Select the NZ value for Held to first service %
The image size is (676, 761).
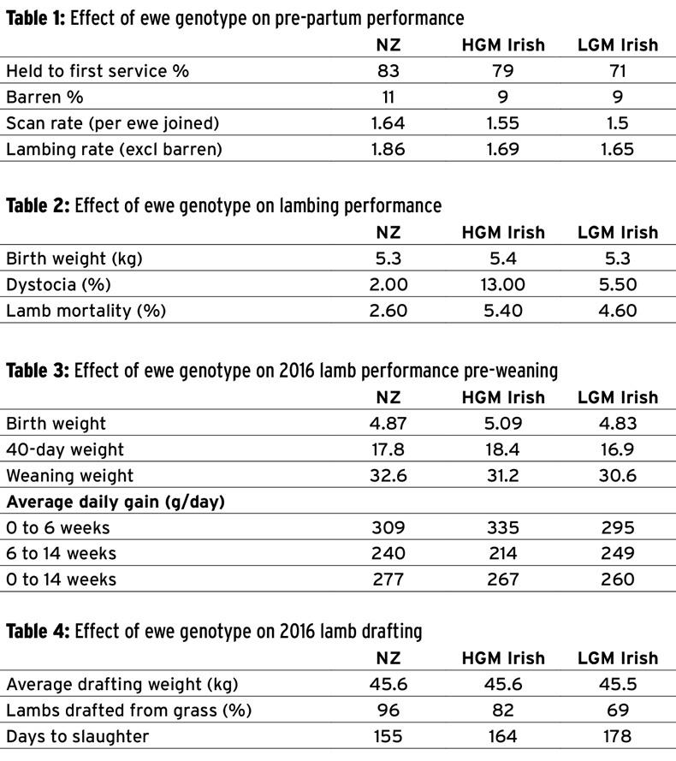388,71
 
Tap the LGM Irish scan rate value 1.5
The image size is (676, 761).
617,123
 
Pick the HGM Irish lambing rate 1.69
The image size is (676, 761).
502,150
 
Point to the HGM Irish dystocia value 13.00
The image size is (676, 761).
502,284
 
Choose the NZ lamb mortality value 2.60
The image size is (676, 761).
388,311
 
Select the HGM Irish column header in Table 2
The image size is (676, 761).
502,233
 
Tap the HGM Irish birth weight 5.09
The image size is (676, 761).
502,424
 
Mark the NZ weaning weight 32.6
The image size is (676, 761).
388,476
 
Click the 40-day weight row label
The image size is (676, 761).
64,449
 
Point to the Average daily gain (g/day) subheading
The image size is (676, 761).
116,502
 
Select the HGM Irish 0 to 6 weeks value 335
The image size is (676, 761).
502,527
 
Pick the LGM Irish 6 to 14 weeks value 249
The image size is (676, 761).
617,554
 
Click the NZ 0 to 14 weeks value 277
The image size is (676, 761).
388,580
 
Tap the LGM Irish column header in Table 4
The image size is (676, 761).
617,658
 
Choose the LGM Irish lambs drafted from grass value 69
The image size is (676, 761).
617,710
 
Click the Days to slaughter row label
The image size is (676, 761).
77,736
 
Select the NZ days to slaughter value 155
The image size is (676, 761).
388,736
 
